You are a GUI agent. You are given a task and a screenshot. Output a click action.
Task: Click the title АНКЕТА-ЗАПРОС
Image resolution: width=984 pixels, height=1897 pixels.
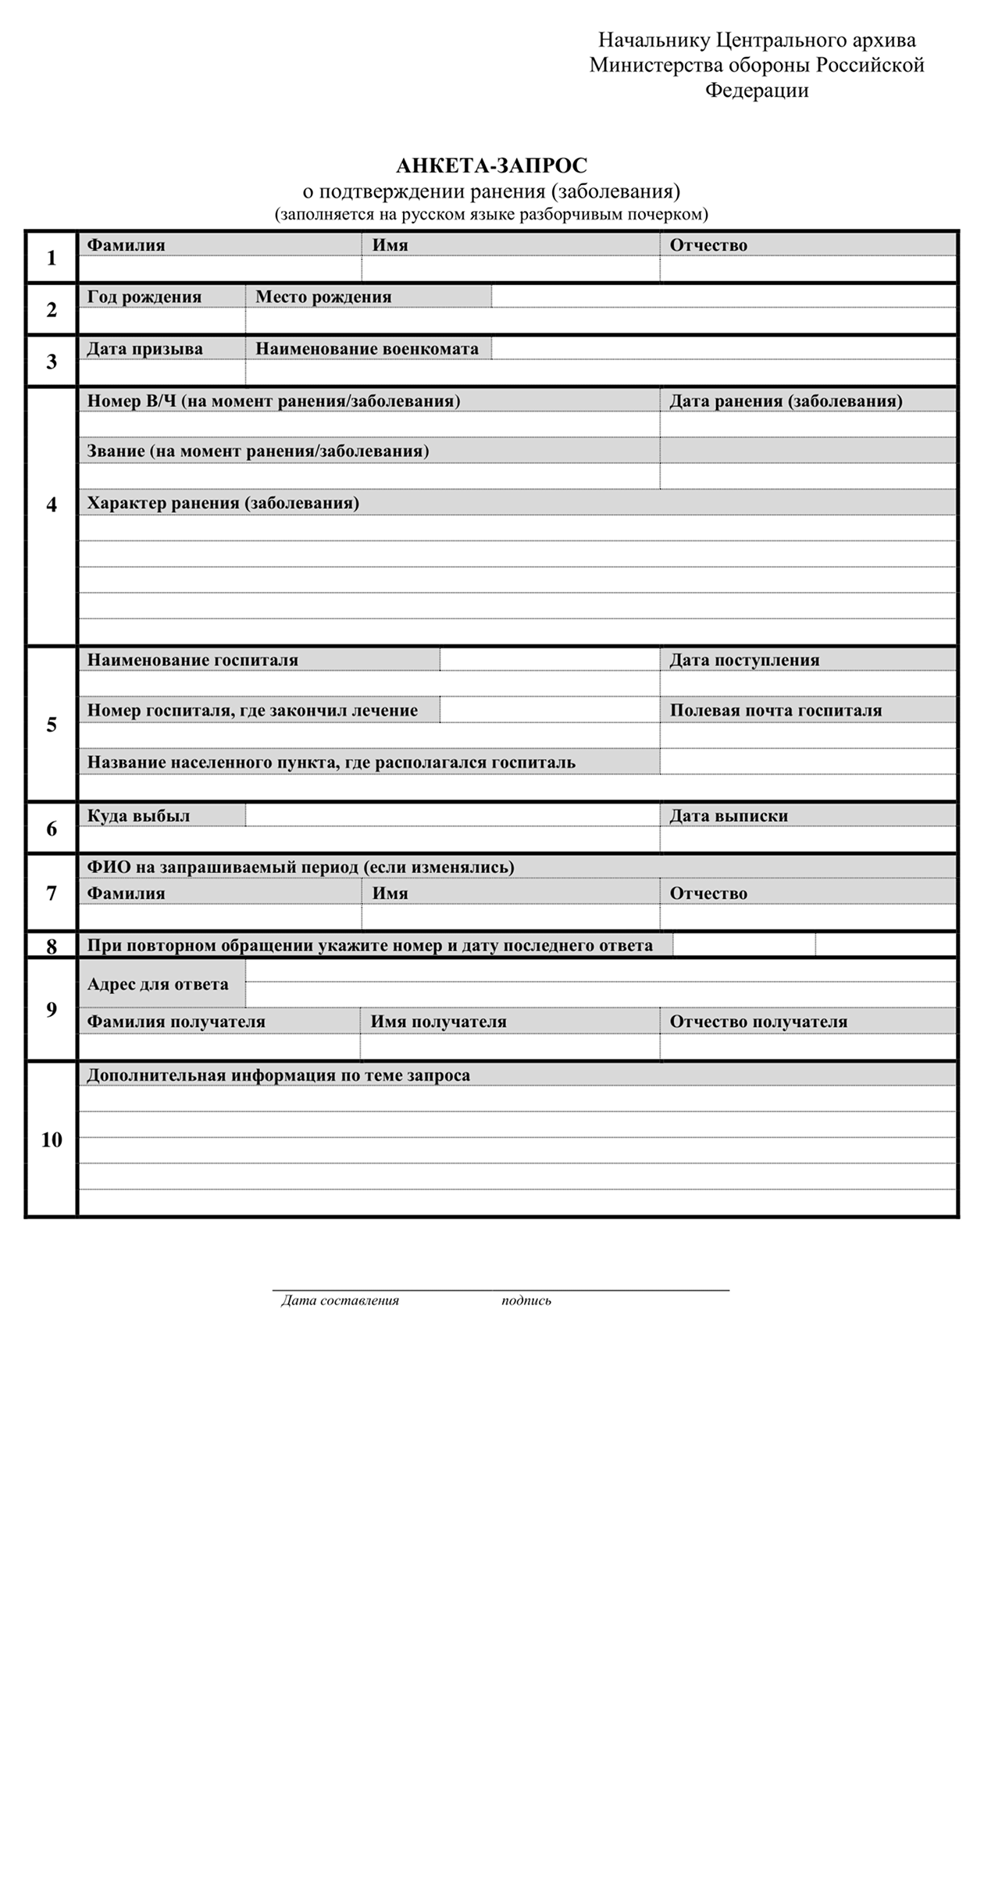(491, 166)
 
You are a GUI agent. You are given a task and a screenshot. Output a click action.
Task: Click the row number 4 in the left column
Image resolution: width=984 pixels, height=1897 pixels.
(52, 505)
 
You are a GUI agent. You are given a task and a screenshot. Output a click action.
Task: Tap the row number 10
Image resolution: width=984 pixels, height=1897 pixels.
(52, 1139)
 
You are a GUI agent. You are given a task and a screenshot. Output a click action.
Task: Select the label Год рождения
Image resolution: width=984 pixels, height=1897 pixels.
(144, 297)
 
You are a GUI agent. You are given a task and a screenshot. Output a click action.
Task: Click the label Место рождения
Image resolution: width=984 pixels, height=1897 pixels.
(323, 297)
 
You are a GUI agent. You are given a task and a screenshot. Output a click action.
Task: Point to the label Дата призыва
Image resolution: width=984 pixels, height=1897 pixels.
(144, 349)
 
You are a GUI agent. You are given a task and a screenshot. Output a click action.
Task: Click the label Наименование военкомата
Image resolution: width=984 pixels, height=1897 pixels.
(367, 349)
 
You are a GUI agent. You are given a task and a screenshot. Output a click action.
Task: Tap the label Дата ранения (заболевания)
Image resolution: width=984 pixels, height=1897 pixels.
(786, 401)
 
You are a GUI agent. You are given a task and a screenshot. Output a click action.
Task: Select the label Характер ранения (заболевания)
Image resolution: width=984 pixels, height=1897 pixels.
(223, 503)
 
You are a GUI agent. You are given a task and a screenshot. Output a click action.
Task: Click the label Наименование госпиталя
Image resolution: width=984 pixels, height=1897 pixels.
(193, 660)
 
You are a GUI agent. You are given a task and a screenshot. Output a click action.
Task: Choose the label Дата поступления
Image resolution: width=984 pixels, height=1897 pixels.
(744, 660)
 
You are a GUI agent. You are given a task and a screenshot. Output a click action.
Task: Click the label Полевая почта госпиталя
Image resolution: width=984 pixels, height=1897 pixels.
(775, 711)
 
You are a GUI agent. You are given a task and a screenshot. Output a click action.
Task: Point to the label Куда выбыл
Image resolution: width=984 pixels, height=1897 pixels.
(139, 815)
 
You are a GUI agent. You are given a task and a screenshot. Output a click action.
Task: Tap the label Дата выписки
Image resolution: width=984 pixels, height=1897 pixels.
(729, 815)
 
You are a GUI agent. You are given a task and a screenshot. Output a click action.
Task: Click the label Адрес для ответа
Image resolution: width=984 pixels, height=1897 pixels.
(158, 984)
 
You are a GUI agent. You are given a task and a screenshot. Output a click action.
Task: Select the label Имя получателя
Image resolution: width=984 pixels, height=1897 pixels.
(438, 1022)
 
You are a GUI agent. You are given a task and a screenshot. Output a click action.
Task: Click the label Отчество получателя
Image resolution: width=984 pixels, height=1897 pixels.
(758, 1022)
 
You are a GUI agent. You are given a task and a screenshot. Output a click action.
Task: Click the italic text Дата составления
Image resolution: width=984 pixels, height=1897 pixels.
(340, 1300)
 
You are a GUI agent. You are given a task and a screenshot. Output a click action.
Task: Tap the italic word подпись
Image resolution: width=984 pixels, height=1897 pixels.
(526, 1300)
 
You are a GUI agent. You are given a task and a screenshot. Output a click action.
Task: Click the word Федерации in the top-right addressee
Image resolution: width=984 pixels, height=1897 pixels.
(757, 91)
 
